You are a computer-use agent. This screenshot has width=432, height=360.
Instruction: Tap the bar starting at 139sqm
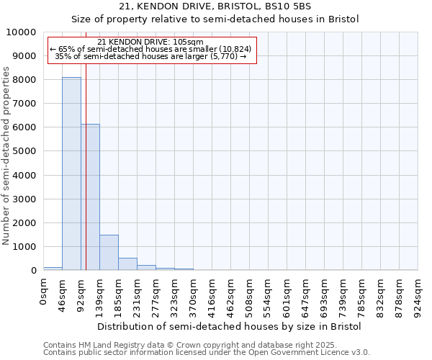pyautogui.click(x=109, y=252)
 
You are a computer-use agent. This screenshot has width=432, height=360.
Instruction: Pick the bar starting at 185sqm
pyautogui.click(x=127, y=264)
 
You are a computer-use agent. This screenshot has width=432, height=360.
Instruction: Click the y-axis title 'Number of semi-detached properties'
pyautogui.click(x=6, y=156)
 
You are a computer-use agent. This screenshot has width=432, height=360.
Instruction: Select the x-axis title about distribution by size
pyautogui.click(x=229, y=326)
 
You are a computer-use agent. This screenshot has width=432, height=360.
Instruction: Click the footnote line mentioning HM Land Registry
pyautogui.click(x=184, y=345)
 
